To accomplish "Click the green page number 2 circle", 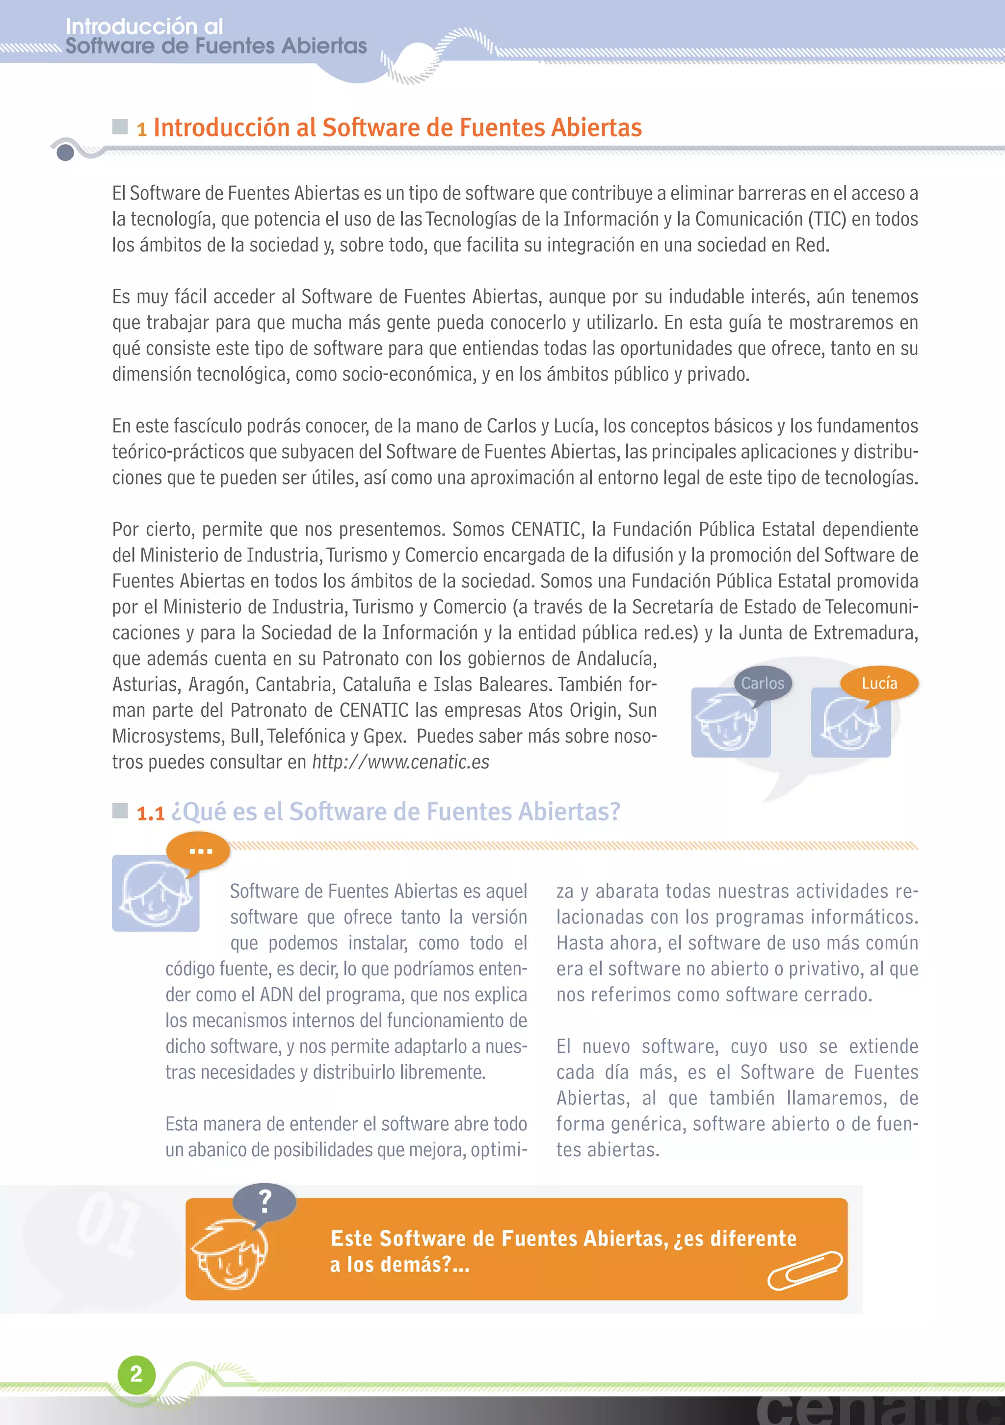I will tap(136, 1374).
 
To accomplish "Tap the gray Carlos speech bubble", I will tap(762, 684).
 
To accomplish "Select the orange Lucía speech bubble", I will tap(879, 684).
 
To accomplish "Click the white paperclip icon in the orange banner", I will tap(805, 1270).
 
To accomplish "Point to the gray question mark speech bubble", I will tap(264, 1201).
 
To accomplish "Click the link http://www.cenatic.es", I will tap(400, 762).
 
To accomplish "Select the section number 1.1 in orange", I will tap(150, 814).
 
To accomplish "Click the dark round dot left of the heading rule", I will tap(65, 152).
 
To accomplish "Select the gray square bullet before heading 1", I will tap(120, 127).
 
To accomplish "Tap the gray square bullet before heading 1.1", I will tap(120, 811).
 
